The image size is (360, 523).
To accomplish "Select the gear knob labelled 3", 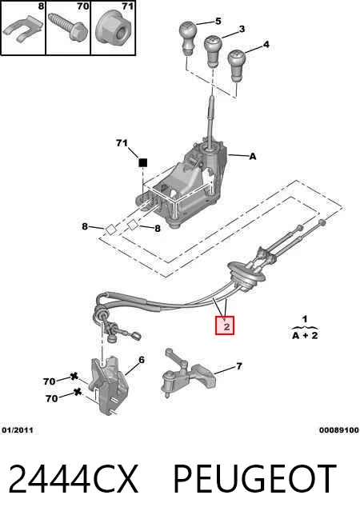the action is click(x=213, y=50).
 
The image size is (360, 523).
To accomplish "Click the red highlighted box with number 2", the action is click(x=225, y=325).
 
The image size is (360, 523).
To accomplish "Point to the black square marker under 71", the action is click(x=142, y=162).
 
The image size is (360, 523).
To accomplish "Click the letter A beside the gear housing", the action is click(x=253, y=156).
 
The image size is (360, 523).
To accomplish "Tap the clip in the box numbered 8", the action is click(x=22, y=30).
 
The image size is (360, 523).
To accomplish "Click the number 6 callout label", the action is click(x=142, y=360).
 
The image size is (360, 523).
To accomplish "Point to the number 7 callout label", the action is click(x=239, y=366).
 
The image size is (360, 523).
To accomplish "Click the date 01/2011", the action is click(x=18, y=430).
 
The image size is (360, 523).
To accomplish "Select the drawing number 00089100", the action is click(x=338, y=430).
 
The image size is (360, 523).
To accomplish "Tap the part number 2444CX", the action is click(x=74, y=479).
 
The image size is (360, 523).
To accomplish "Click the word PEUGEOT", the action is click(x=254, y=479).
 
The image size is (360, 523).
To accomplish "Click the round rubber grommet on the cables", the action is click(x=246, y=275).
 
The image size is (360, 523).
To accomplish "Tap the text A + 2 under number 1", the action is click(x=305, y=336).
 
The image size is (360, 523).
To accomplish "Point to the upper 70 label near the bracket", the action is click(x=49, y=381).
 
